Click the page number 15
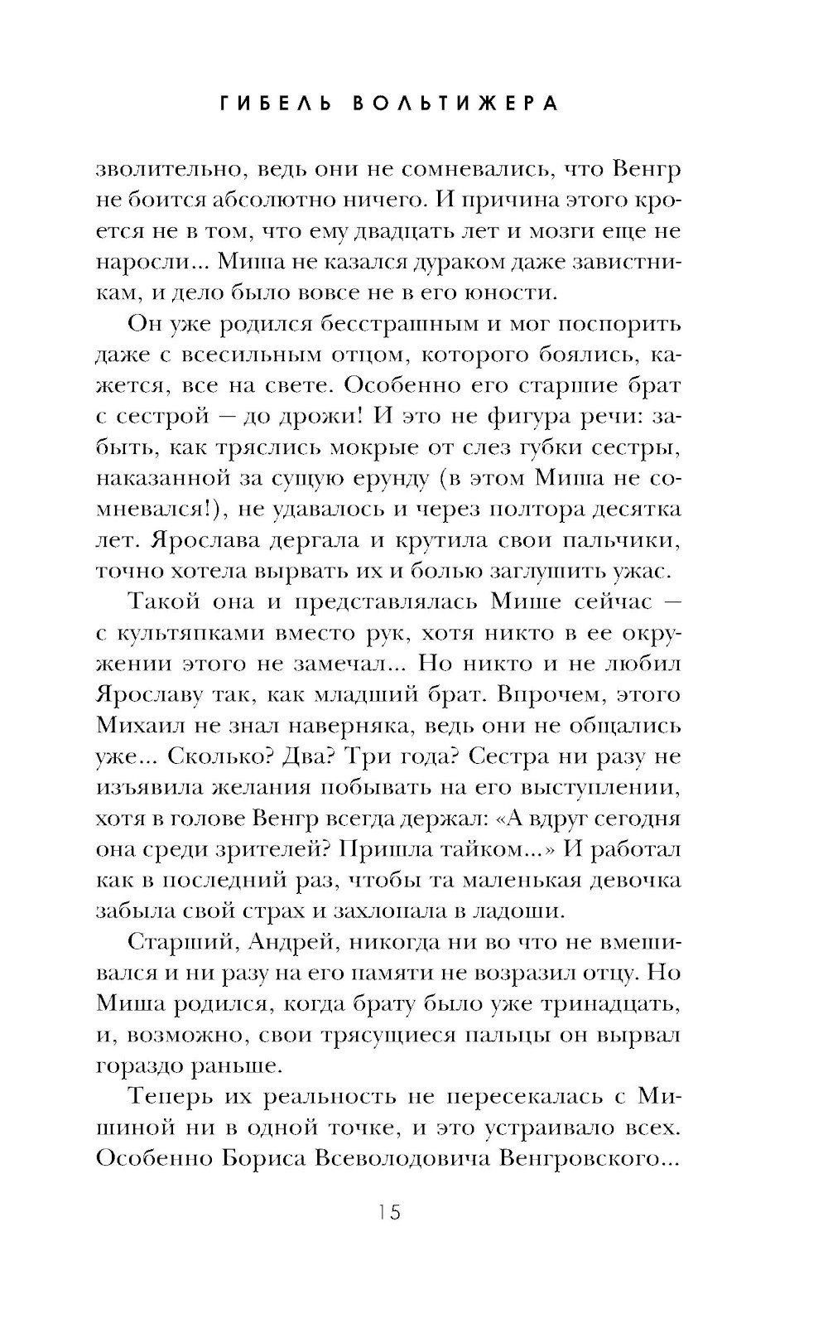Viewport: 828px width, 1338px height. point(388,1212)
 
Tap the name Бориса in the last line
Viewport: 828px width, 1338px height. point(265,1158)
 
